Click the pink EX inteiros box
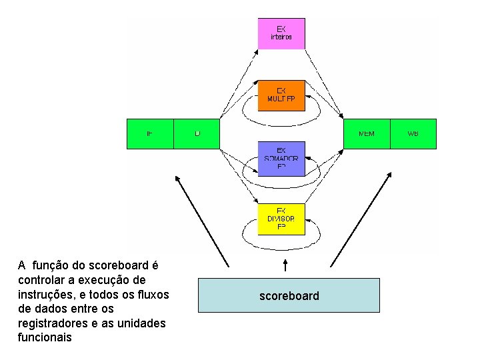pos(281,33)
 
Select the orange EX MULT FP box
pos(281,95)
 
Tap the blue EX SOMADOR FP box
pos(281,158)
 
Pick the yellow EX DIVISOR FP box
pos(281,219)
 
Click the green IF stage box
pos(150,133)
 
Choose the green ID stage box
pos(197,133)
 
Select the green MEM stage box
pos(366,133)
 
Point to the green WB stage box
pos(413,133)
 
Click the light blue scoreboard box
pos(289,295)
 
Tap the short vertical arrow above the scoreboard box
pos(285,264)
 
